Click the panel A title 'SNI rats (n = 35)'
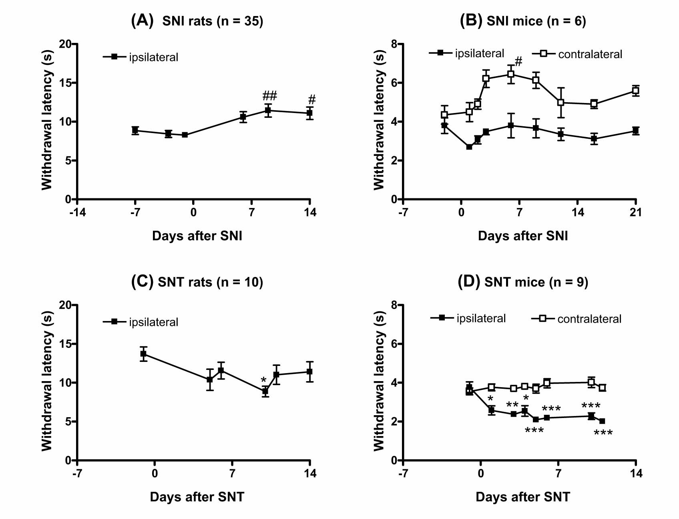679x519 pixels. click(213, 21)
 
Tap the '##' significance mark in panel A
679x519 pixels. click(269, 96)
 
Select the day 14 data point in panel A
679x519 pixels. click(309, 113)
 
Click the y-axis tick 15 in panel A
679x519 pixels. click(66, 83)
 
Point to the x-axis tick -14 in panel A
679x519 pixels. click(77, 212)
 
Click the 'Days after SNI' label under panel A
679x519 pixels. click(197, 236)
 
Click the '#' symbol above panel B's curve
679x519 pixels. click(518, 61)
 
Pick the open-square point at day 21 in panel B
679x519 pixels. click(635, 91)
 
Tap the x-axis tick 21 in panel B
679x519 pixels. click(635, 212)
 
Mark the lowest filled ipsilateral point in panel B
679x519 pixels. click(469, 147)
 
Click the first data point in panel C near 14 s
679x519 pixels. click(143, 353)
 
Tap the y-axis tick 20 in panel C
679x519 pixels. click(66, 305)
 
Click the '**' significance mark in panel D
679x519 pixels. click(512, 405)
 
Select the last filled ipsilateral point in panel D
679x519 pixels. click(602, 421)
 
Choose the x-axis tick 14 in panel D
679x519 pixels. click(636, 474)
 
